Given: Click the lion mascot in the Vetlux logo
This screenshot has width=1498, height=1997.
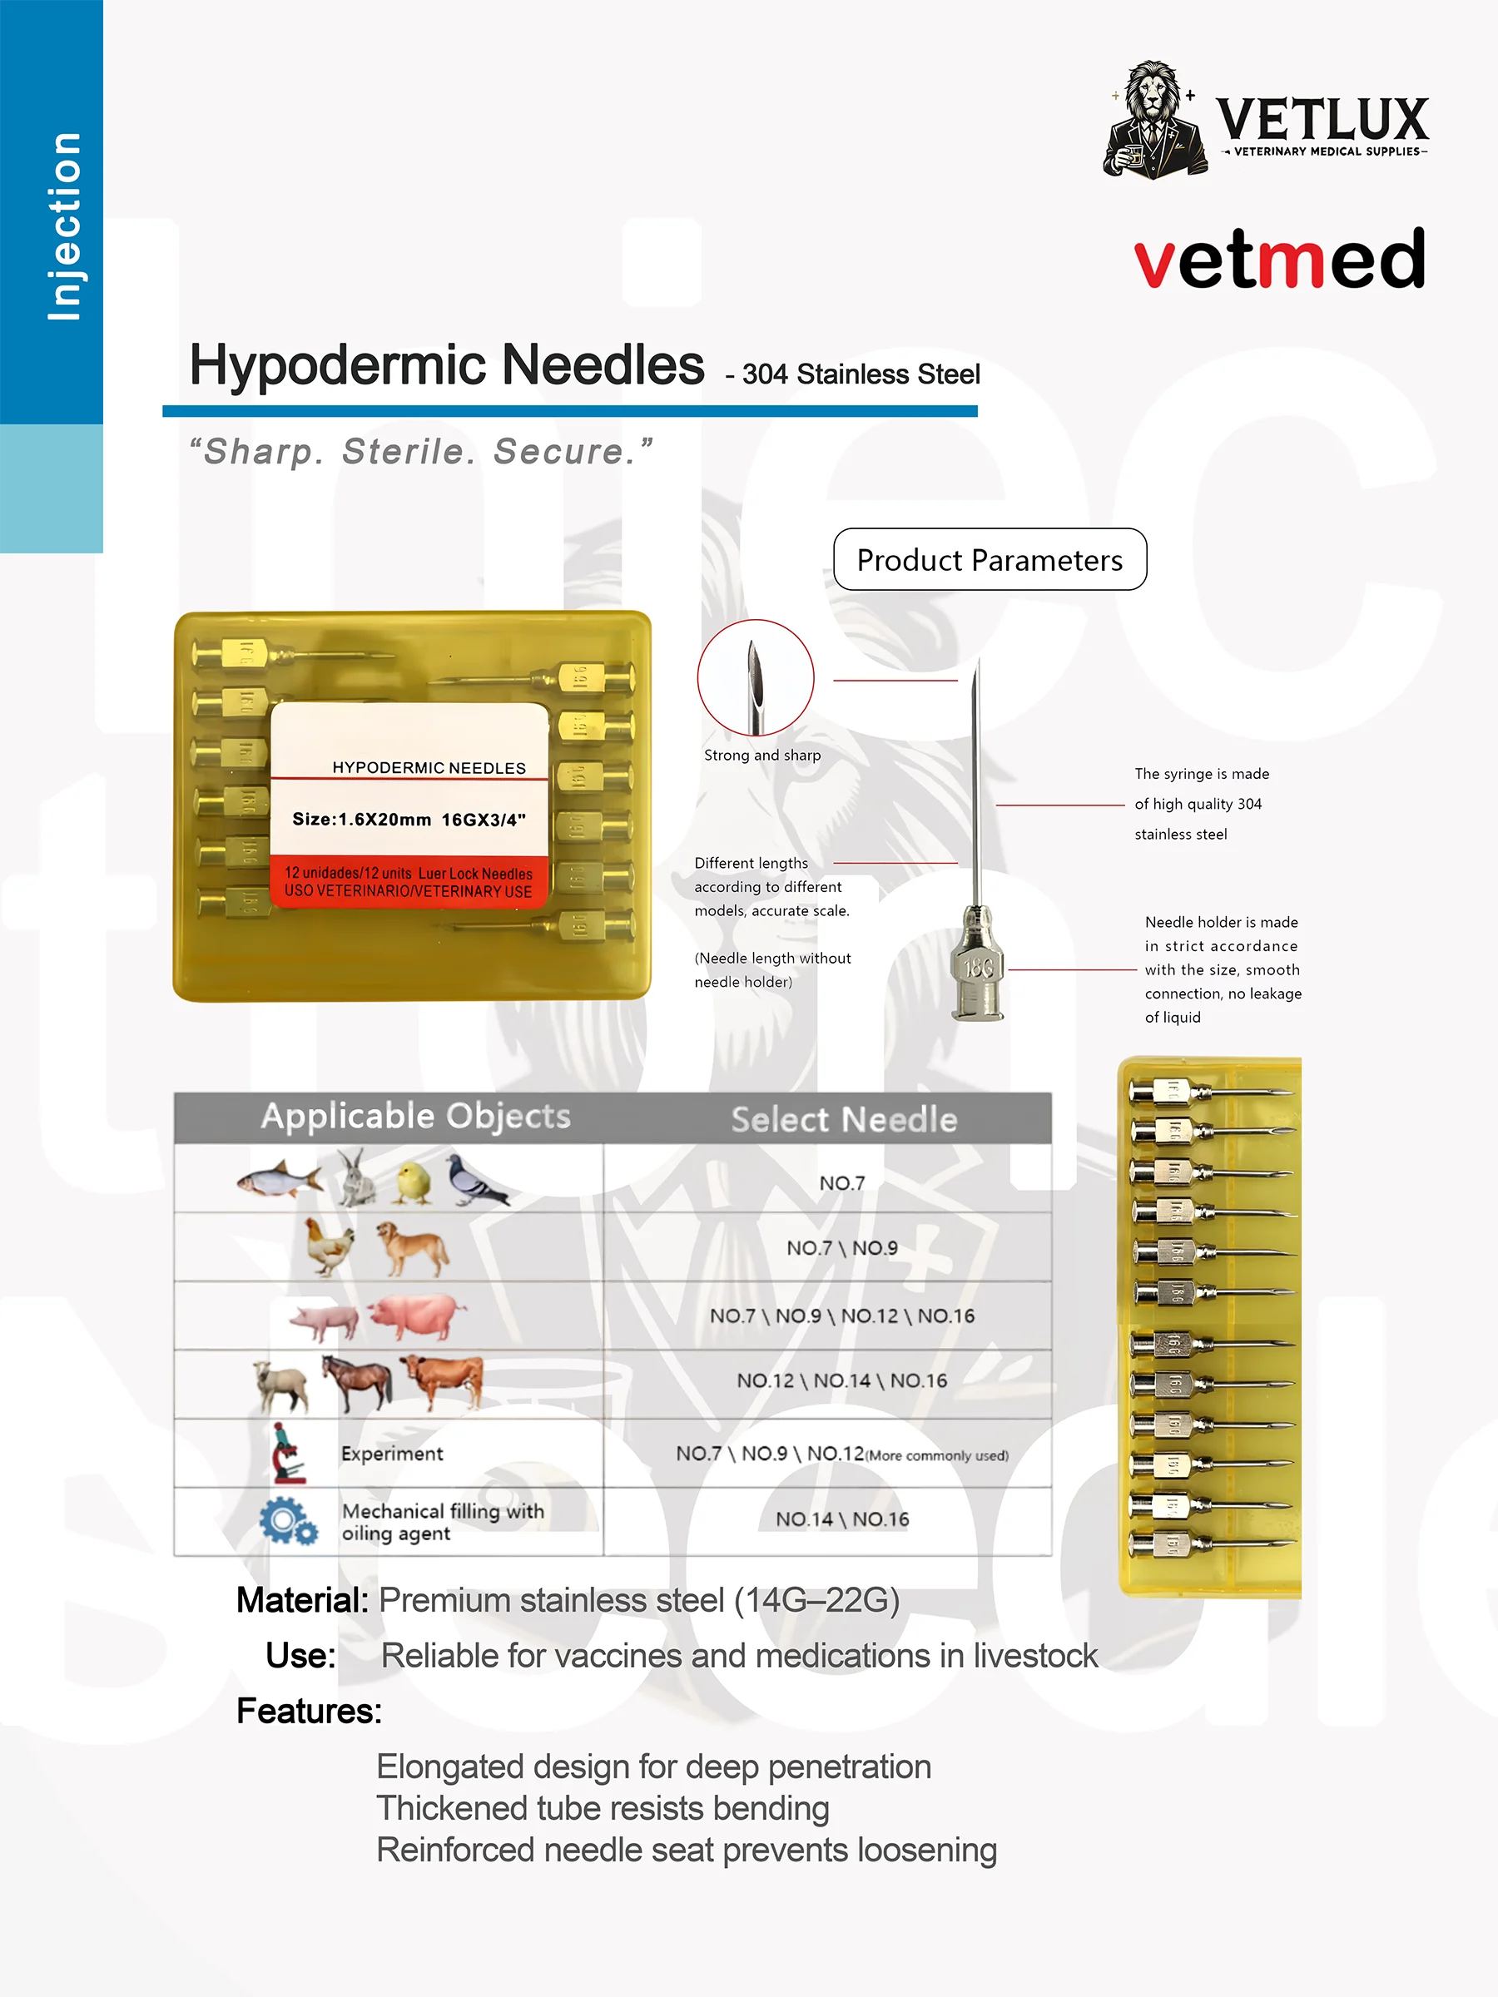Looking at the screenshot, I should pyautogui.click(x=1155, y=119).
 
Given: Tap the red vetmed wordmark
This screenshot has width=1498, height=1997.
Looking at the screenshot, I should pyautogui.click(x=1278, y=260).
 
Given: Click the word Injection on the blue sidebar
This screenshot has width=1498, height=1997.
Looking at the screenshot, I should pyautogui.click(x=63, y=225).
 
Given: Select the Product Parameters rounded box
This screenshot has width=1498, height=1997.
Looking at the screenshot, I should pyautogui.click(x=990, y=560).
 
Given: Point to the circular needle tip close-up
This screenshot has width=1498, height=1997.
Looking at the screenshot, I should pyautogui.click(x=755, y=677).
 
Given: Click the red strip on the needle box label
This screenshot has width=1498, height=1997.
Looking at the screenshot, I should pyautogui.click(x=408, y=882).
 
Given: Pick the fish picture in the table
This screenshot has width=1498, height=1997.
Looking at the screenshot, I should pyautogui.click(x=279, y=1178).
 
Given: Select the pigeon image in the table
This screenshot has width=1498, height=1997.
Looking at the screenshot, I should pyautogui.click(x=476, y=1179).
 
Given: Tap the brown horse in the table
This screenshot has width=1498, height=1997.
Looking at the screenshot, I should pyautogui.click(x=358, y=1381).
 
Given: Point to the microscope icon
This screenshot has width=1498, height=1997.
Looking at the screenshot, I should pyautogui.click(x=289, y=1453).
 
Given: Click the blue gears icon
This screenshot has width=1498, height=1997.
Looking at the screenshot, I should pyautogui.click(x=288, y=1521).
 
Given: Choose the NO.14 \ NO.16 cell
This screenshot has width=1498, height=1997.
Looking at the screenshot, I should pyautogui.click(x=842, y=1519).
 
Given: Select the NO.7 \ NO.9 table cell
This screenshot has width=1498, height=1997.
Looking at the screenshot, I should pyautogui.click(x=842, y=1247).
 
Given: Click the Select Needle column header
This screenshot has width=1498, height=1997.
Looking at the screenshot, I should pyautogui.click(x=843, y=1119).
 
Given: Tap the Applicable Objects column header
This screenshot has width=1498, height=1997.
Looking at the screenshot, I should pyautogui.click(x=416, y=1117).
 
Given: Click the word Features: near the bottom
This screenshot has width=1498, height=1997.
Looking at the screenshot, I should pyautogui.click(x=309, y=1711).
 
